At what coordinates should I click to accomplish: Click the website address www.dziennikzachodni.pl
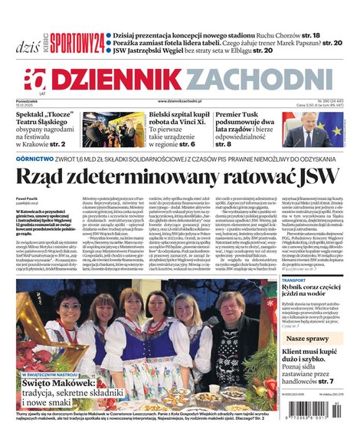179,100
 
